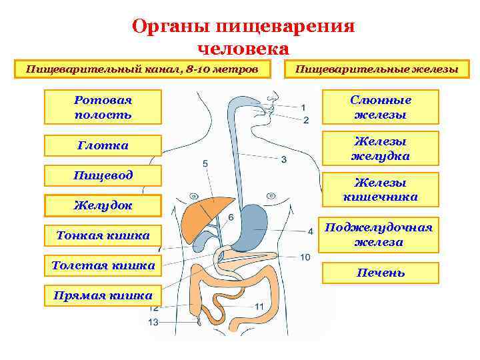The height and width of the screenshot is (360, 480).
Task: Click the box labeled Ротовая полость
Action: [x=103, y=107]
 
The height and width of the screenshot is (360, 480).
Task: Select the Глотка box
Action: [x=103, y=145]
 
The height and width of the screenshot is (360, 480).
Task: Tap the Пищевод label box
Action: [x=103, y=175]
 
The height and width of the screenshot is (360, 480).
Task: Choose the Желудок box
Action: [x=103, y=205]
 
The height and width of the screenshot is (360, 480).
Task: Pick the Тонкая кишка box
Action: [x=103, y=235]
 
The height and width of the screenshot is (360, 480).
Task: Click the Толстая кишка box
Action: [x=103, y=265]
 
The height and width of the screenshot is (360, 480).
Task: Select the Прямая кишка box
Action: [x=103, y=295]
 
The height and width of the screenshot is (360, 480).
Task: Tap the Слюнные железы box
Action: [x=381, y=107]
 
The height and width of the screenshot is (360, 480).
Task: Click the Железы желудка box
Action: [x=381, y=148]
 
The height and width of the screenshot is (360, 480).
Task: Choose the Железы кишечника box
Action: [x=381, y=189]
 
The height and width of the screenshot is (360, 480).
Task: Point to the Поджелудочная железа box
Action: [x=381, y=235]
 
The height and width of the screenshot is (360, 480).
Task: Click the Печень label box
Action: [x=381, y=273]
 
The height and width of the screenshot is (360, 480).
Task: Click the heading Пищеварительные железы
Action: [x=377, y=69]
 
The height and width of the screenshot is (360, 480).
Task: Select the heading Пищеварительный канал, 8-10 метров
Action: [x=143, y=69]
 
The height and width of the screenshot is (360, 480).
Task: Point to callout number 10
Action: [x=305, y=257]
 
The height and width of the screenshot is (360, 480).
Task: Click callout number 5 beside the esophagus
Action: [x=205, y=163]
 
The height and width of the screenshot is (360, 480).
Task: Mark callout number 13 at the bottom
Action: [x=153, y=322]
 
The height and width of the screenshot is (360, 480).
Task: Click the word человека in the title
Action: [x=243, y=49]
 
